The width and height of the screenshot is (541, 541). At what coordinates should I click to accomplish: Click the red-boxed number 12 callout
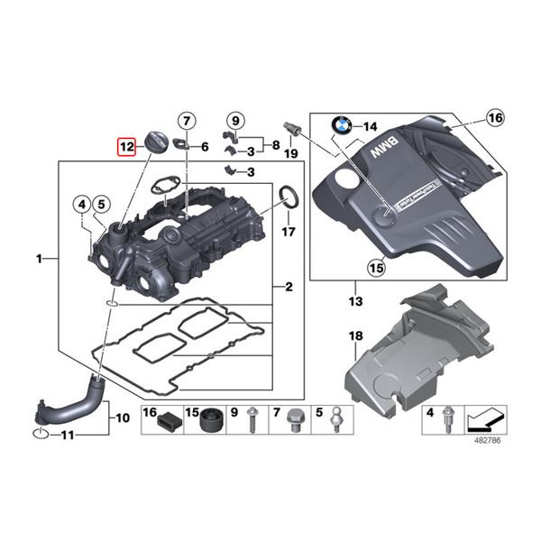tap(125, 145)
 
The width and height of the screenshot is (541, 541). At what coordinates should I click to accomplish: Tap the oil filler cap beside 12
tap(156, 142)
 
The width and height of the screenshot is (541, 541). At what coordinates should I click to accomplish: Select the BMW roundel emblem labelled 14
tap(344, 127)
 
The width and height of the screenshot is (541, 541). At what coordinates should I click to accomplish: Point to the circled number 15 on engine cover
tap(376, 266)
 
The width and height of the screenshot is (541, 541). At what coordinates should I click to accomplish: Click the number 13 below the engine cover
tap(354, 299)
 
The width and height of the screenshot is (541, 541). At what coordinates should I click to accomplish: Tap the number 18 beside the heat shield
tap(355, 336)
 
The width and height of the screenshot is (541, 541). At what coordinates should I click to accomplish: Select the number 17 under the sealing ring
tap(288, 232)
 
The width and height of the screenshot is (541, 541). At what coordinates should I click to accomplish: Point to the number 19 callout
tap(290, 154)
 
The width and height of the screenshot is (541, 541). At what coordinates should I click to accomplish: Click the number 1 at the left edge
tap(41, 259)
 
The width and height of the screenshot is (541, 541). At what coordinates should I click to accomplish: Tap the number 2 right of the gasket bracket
tap(288, 288)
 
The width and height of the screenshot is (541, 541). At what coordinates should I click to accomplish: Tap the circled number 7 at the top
tap(185, 122)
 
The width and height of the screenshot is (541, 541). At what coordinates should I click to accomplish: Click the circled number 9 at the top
tap(234, 120)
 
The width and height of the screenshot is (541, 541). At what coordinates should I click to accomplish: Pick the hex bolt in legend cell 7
tap(296, 420)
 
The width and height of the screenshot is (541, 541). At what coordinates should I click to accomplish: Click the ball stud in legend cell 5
tap(337, 419)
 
